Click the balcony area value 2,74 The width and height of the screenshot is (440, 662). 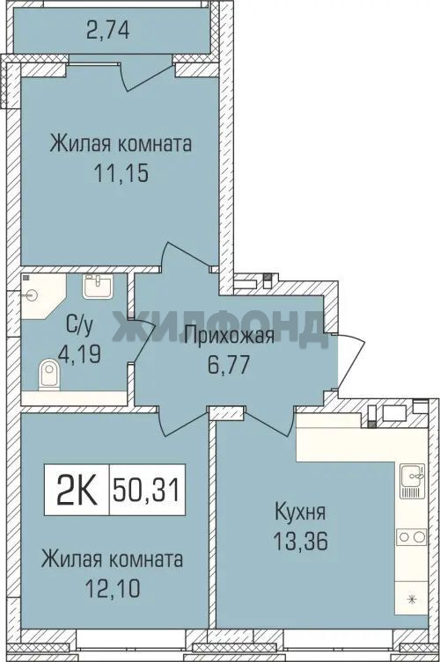pos(107,31)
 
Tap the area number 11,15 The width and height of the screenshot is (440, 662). pos(121,172)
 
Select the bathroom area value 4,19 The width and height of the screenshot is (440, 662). pos(80,354)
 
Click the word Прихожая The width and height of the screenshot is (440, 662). pos(231,336)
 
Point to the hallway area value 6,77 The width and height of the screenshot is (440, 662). pos(229,365)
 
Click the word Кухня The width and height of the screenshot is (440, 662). pos(300,513)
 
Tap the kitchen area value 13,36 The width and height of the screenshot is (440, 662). pos(300,542)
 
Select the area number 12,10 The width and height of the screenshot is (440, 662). pos(113,587)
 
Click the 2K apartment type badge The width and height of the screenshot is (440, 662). pos(77,490)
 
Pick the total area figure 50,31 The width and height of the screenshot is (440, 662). pos(147,490)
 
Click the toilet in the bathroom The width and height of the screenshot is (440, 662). pos(50,374)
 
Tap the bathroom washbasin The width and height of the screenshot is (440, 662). pos(98,287)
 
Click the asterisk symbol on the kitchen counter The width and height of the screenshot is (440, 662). pos(413,598)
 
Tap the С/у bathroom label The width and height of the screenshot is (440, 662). pos(79,326)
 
